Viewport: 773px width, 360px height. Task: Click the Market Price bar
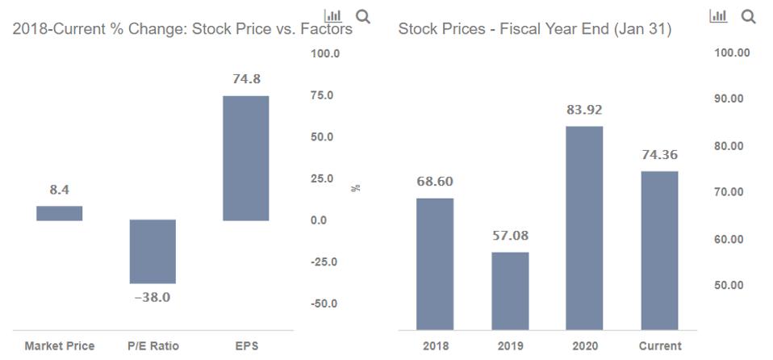pyautogui.click(x=59, y=213)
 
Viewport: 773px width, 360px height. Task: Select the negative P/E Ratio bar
pyautogui.click(x=153, y=251)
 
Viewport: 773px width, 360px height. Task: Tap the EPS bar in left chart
pyautogui.click(x=246, y=158)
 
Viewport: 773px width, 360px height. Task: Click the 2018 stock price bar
pyautogui.click(x=435, y=264)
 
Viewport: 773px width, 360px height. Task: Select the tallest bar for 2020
pyautogui.click(x=584, y=228)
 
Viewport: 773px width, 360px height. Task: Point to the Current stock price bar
pyautogui.click(x=659, y=250)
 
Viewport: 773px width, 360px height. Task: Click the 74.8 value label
pyautogui.click(x=246, y=79)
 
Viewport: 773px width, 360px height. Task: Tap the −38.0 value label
pyautogui.click(x=153, y=297)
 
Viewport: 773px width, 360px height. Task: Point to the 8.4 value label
pyautogui.click(x=59, y=190)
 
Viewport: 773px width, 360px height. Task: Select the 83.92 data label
pyautogui.click(x=584, y=110)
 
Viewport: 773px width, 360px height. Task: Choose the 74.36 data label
pyautogui.click(x=659, y=155)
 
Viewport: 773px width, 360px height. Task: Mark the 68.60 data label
pyautogui.click(x=435, y=182)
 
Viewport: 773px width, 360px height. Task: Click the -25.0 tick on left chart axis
pyautogui.click(x=325, y=262)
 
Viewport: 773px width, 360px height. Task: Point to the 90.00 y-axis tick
pyautogui.click(x=733, y=98)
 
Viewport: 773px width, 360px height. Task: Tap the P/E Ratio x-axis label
pyautogui.click(x=153, y=346)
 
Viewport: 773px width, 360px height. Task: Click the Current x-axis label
pyautogui.click(x=659, y=346)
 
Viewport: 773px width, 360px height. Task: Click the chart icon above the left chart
pyautogui.click(x=332, y=16)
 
